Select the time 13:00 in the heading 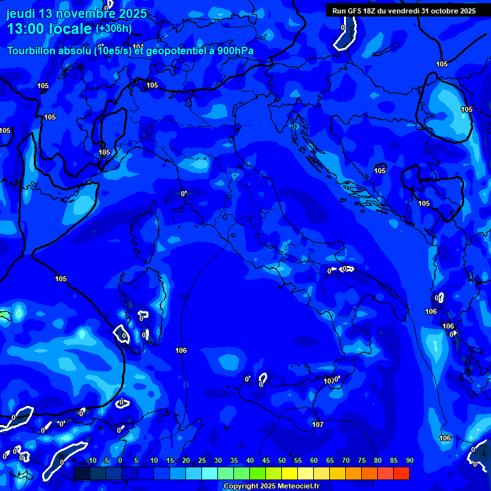coord(26,29)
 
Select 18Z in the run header coord(370,11)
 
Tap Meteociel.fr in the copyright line coord(293,487)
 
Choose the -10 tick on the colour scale coord(91,461)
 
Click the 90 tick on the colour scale coord(409,461)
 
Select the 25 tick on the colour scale coord(201,461)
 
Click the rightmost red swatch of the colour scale coord(401,473)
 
